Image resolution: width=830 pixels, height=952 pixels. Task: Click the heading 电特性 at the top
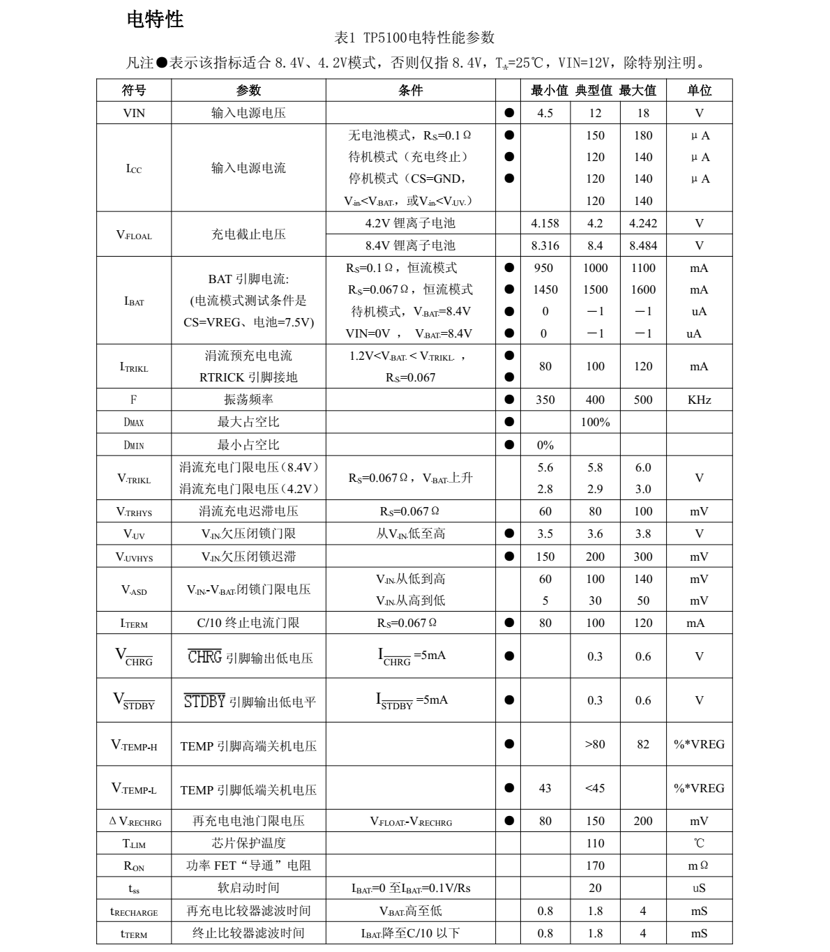point(155,20)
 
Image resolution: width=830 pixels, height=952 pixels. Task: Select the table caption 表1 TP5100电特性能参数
point(414,38)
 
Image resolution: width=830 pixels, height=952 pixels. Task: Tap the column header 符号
point(134,90)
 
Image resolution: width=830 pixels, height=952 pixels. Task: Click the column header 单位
point(699,90)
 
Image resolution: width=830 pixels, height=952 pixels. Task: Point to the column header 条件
point(411,90)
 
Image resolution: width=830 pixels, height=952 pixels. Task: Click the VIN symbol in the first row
point(134,113)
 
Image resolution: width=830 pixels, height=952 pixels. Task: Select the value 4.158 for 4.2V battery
point(545,223)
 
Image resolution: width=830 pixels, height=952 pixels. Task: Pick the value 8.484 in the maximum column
point(643,245)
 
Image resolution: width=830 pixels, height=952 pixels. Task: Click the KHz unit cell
point(699,400)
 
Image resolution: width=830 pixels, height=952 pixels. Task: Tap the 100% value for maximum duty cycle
point(595,422)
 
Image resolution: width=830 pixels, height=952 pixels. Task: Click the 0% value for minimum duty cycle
point(545,445)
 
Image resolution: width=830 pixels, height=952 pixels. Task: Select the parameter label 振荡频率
point(248,400)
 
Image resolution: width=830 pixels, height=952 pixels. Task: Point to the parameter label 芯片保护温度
point(248,843)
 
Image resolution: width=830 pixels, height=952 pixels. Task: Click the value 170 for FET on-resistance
point(595,866)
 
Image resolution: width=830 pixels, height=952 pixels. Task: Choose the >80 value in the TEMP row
point(595,744)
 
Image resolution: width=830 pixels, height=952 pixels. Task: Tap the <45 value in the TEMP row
point(595,788)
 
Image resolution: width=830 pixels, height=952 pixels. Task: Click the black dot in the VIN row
point(509,113)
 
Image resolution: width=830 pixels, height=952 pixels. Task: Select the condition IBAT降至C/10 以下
point(410,933)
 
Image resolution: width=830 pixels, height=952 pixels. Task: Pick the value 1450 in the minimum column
point(545,289)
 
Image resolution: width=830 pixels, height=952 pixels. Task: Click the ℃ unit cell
point(699,843)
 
